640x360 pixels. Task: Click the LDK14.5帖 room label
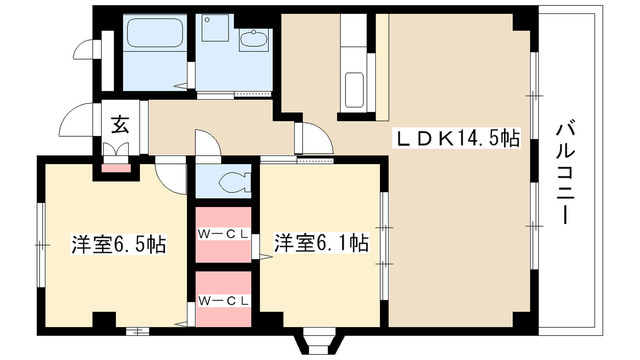[456, 138]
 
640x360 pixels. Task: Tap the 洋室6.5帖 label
[119, 244]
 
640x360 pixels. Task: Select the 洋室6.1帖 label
[321, 243]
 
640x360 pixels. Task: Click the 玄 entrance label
[120, 124]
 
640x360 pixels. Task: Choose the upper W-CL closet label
[223, 234]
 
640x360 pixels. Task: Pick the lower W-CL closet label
[223, 301]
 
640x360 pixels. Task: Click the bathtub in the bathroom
[154, 32]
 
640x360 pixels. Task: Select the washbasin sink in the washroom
[253, 40]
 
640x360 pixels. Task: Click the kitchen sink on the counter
[354, 90]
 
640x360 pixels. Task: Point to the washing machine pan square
[215, 28]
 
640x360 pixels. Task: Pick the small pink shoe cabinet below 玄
[116, 168]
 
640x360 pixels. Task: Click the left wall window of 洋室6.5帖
[40, 245]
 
